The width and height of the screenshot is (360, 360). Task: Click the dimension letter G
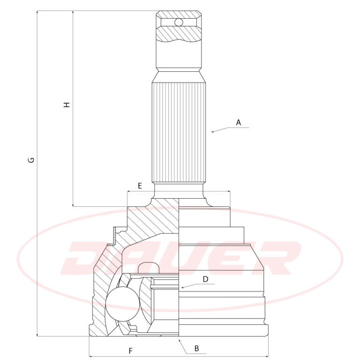(31, 160)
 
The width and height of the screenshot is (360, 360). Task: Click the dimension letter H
(67, 105)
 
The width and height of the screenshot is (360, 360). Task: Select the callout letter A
(239, 123)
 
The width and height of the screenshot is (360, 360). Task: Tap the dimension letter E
(140, 186)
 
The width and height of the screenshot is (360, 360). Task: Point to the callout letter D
(205, 279)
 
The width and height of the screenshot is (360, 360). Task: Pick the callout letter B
(196, 348)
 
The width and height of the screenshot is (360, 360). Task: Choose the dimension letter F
(130, 351)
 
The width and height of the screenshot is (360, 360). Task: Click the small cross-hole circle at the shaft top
(179, 22)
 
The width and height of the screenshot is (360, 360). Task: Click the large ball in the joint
(122, 304)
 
